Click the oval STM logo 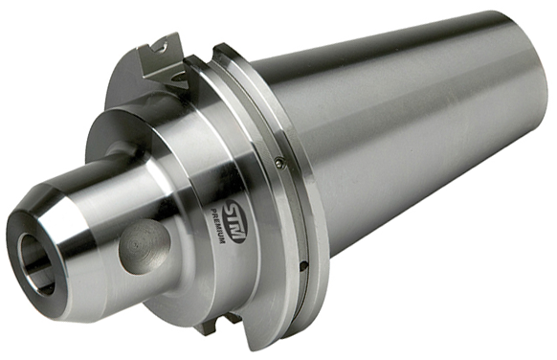235,222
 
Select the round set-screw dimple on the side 145,247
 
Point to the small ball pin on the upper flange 279,163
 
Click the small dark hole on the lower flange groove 303,264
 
